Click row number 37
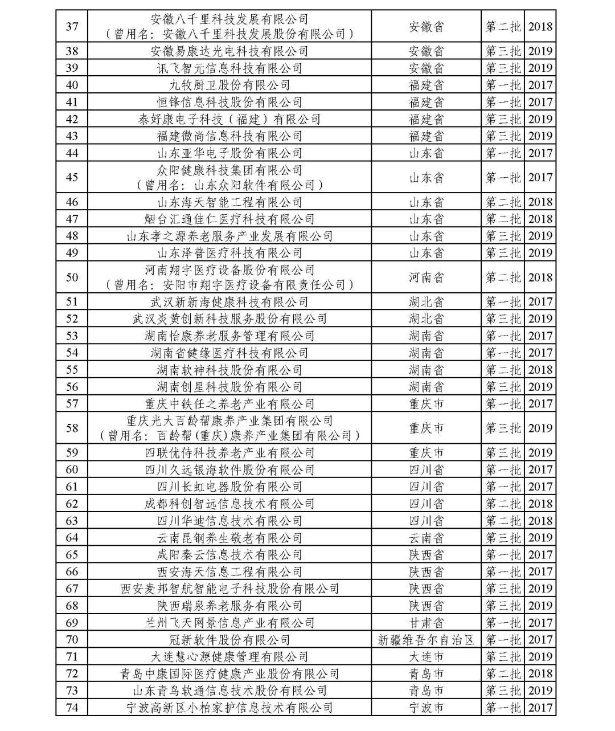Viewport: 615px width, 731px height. tap(72, 27)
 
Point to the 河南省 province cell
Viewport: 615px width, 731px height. tap(426, 277)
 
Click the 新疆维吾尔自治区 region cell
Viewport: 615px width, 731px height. tap(426, 640)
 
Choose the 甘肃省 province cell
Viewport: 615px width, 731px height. tap(426, 623)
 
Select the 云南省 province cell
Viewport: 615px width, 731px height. tap(426, 538)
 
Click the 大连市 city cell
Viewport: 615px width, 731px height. tap(426, 657)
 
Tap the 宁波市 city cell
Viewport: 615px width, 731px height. tap(426, 708)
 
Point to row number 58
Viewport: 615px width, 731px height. tap(72, 428)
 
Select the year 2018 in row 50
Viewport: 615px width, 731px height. tap(540, 277)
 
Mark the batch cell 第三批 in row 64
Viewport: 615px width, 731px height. tap(503, 538)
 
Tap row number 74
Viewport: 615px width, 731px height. tap(72, 708)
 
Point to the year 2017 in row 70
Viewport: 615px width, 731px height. tap(540, 640)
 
